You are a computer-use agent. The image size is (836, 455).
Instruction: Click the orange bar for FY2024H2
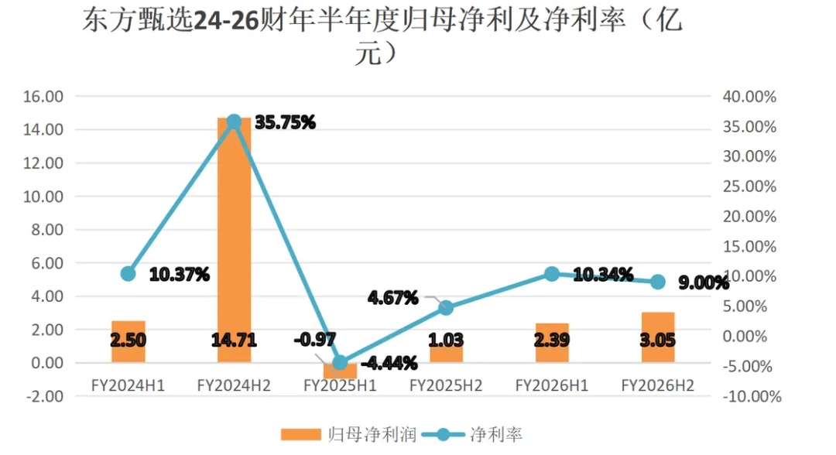pos(234,240)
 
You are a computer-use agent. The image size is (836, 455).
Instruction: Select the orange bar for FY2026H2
pos(658,337)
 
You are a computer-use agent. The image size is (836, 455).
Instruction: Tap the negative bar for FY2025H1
pos(340,371)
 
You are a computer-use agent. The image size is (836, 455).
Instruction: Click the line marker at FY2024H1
pos(128,274)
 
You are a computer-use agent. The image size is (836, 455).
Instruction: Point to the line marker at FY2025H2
pos(447,307)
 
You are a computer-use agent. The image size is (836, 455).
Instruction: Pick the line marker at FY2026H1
pos(552,274)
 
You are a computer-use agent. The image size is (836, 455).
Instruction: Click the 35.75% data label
pos(285,122)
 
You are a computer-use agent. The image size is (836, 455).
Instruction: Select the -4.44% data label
pos(389,364)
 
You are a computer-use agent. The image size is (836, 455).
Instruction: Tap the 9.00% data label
pos(704,283)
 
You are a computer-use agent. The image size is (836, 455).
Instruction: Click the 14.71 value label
pos(234,340)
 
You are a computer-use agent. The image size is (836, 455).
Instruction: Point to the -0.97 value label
pos(315,340)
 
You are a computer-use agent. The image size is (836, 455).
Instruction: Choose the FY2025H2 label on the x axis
pos(447,385)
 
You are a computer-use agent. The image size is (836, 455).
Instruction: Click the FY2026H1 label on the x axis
pos(552,385)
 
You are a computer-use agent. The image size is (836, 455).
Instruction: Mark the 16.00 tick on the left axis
pos(43,97)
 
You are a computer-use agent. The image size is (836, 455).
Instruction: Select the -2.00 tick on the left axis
pos(43,396)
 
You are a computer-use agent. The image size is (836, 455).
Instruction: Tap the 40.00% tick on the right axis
pos(749,97)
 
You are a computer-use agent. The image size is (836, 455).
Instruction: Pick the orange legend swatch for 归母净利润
pos(300,435)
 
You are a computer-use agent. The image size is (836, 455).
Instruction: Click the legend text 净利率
pos(496,435)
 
